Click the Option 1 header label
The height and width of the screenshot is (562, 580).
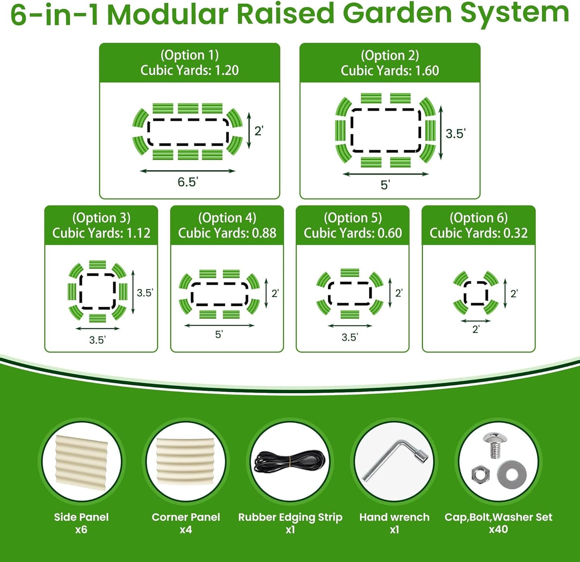(189, 55)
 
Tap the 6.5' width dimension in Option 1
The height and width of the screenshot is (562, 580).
(187, 182)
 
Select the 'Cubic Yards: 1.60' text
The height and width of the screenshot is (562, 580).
(390, 71)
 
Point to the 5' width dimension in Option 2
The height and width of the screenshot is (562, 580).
(385, 185)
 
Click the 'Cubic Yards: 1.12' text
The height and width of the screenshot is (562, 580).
(101, 233)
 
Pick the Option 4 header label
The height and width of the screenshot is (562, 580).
(227, 218)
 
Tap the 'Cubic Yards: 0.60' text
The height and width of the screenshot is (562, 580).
(353, 233)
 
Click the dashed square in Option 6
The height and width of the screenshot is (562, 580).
(476, 293)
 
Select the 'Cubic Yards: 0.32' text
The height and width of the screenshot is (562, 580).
(478, 233)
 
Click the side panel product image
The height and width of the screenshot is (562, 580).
(81, 462)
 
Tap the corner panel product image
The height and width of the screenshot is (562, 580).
(186, 462)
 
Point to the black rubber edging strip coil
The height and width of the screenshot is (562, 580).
(290, 463)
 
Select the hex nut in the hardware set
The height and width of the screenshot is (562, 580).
(480, 475)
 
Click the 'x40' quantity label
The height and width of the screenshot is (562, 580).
(498, 529)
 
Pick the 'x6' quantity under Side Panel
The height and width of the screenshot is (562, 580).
(81, 529)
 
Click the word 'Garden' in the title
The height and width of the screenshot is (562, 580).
(397, 14)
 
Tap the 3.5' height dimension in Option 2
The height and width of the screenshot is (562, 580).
(455, 133)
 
